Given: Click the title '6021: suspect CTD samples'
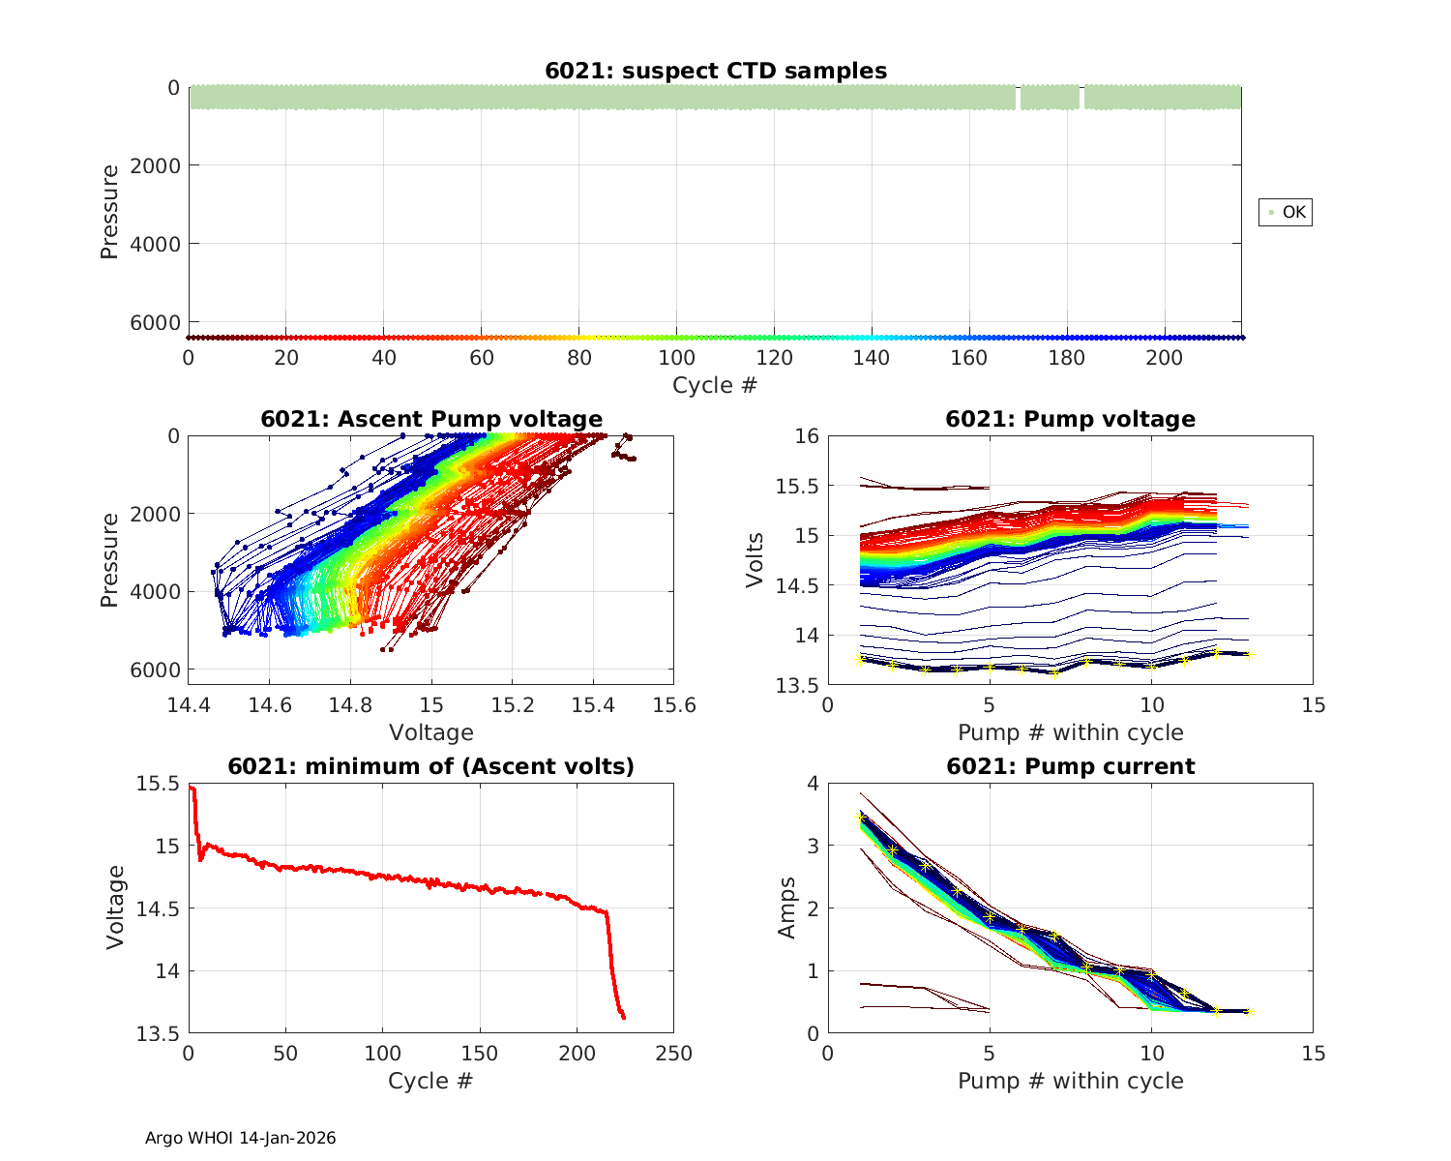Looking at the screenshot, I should click(716, 71).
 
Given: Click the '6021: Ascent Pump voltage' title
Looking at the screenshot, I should click(431, 419).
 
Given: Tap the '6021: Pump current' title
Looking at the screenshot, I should click(1071, 766).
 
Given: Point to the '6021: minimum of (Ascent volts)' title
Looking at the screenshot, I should click(431, 766).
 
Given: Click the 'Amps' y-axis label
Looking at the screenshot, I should click(787, 908).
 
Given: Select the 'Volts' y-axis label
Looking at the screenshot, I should click(755, 560).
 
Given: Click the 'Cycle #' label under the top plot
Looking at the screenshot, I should click(715, 385).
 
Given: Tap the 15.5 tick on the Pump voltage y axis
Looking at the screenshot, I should click(797, 486).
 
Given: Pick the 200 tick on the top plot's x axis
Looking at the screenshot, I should click(1165, 358).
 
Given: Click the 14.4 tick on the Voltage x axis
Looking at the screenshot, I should click(189, 705).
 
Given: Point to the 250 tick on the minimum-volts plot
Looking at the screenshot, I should click(673, 1053).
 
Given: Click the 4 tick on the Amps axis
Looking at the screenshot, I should click(811, 783).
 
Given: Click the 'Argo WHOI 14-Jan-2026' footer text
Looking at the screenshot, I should click(241, 1138).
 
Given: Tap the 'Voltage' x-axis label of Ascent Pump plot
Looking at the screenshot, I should click(431, 732).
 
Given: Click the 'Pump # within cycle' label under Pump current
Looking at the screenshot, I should click(1071, 1080).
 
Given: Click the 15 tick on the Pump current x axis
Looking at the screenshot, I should click(1314, 1053).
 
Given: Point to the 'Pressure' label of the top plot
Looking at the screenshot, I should click(109, 212).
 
